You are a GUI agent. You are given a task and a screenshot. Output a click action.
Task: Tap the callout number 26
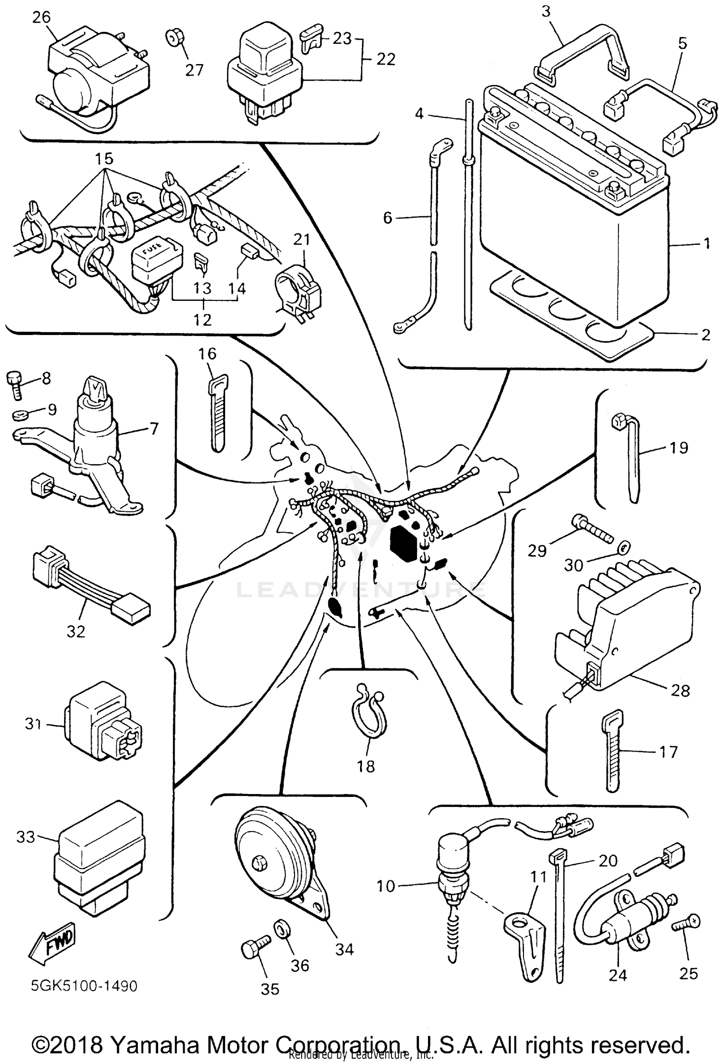click(41, 18)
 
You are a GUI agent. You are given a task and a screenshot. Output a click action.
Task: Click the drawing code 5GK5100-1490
click(84, 985)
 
